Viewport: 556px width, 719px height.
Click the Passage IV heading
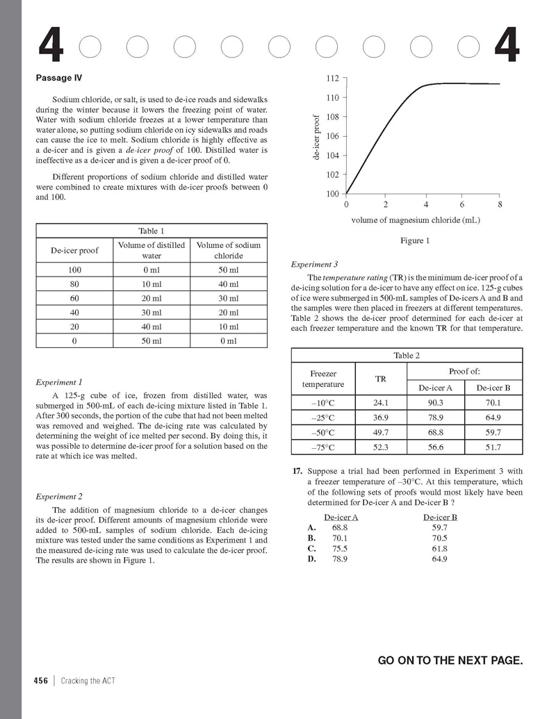coord(59,78)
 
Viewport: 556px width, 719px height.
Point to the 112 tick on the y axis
coord(332,78)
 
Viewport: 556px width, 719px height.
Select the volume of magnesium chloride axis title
coord(416,220)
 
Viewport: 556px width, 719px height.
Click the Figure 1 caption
coord(415,241)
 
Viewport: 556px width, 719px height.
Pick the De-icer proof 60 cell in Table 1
coord(74,298)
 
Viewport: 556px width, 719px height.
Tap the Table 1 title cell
coord(152,231)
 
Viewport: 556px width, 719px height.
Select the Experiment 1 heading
coord(59,382)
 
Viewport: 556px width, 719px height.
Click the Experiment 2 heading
coord(59,496)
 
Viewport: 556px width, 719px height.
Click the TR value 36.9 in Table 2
coord(381,418)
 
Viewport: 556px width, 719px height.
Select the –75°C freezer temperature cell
coord(322,447)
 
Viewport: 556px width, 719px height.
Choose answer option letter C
coord(311,547)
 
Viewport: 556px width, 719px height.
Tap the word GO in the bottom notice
coord(386,660)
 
